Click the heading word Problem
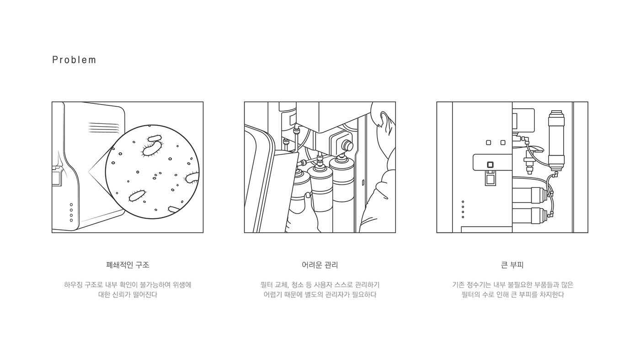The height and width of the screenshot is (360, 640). (x=74, y=60)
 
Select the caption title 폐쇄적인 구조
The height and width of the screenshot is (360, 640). (x=128, y=265)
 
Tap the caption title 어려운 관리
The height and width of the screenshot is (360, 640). (x=320, y=265)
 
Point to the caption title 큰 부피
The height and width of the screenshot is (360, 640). (x=512, y=265)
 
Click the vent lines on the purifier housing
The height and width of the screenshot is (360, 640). (x=103, y=127)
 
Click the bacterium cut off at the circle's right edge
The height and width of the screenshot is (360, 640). (x=192, y=178)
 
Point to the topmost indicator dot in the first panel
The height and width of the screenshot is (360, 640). (x=71, y=204)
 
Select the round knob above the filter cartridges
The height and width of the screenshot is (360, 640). (x=347, y=145)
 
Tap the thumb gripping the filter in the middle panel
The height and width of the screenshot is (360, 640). (x=308, y=196)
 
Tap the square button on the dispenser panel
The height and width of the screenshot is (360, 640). (x=490, y=165)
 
